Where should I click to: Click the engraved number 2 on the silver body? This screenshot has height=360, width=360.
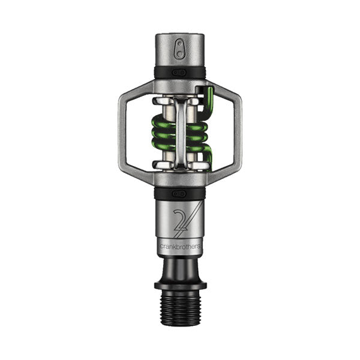[179, 223]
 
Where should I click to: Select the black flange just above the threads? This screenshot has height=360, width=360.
[180, 284]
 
